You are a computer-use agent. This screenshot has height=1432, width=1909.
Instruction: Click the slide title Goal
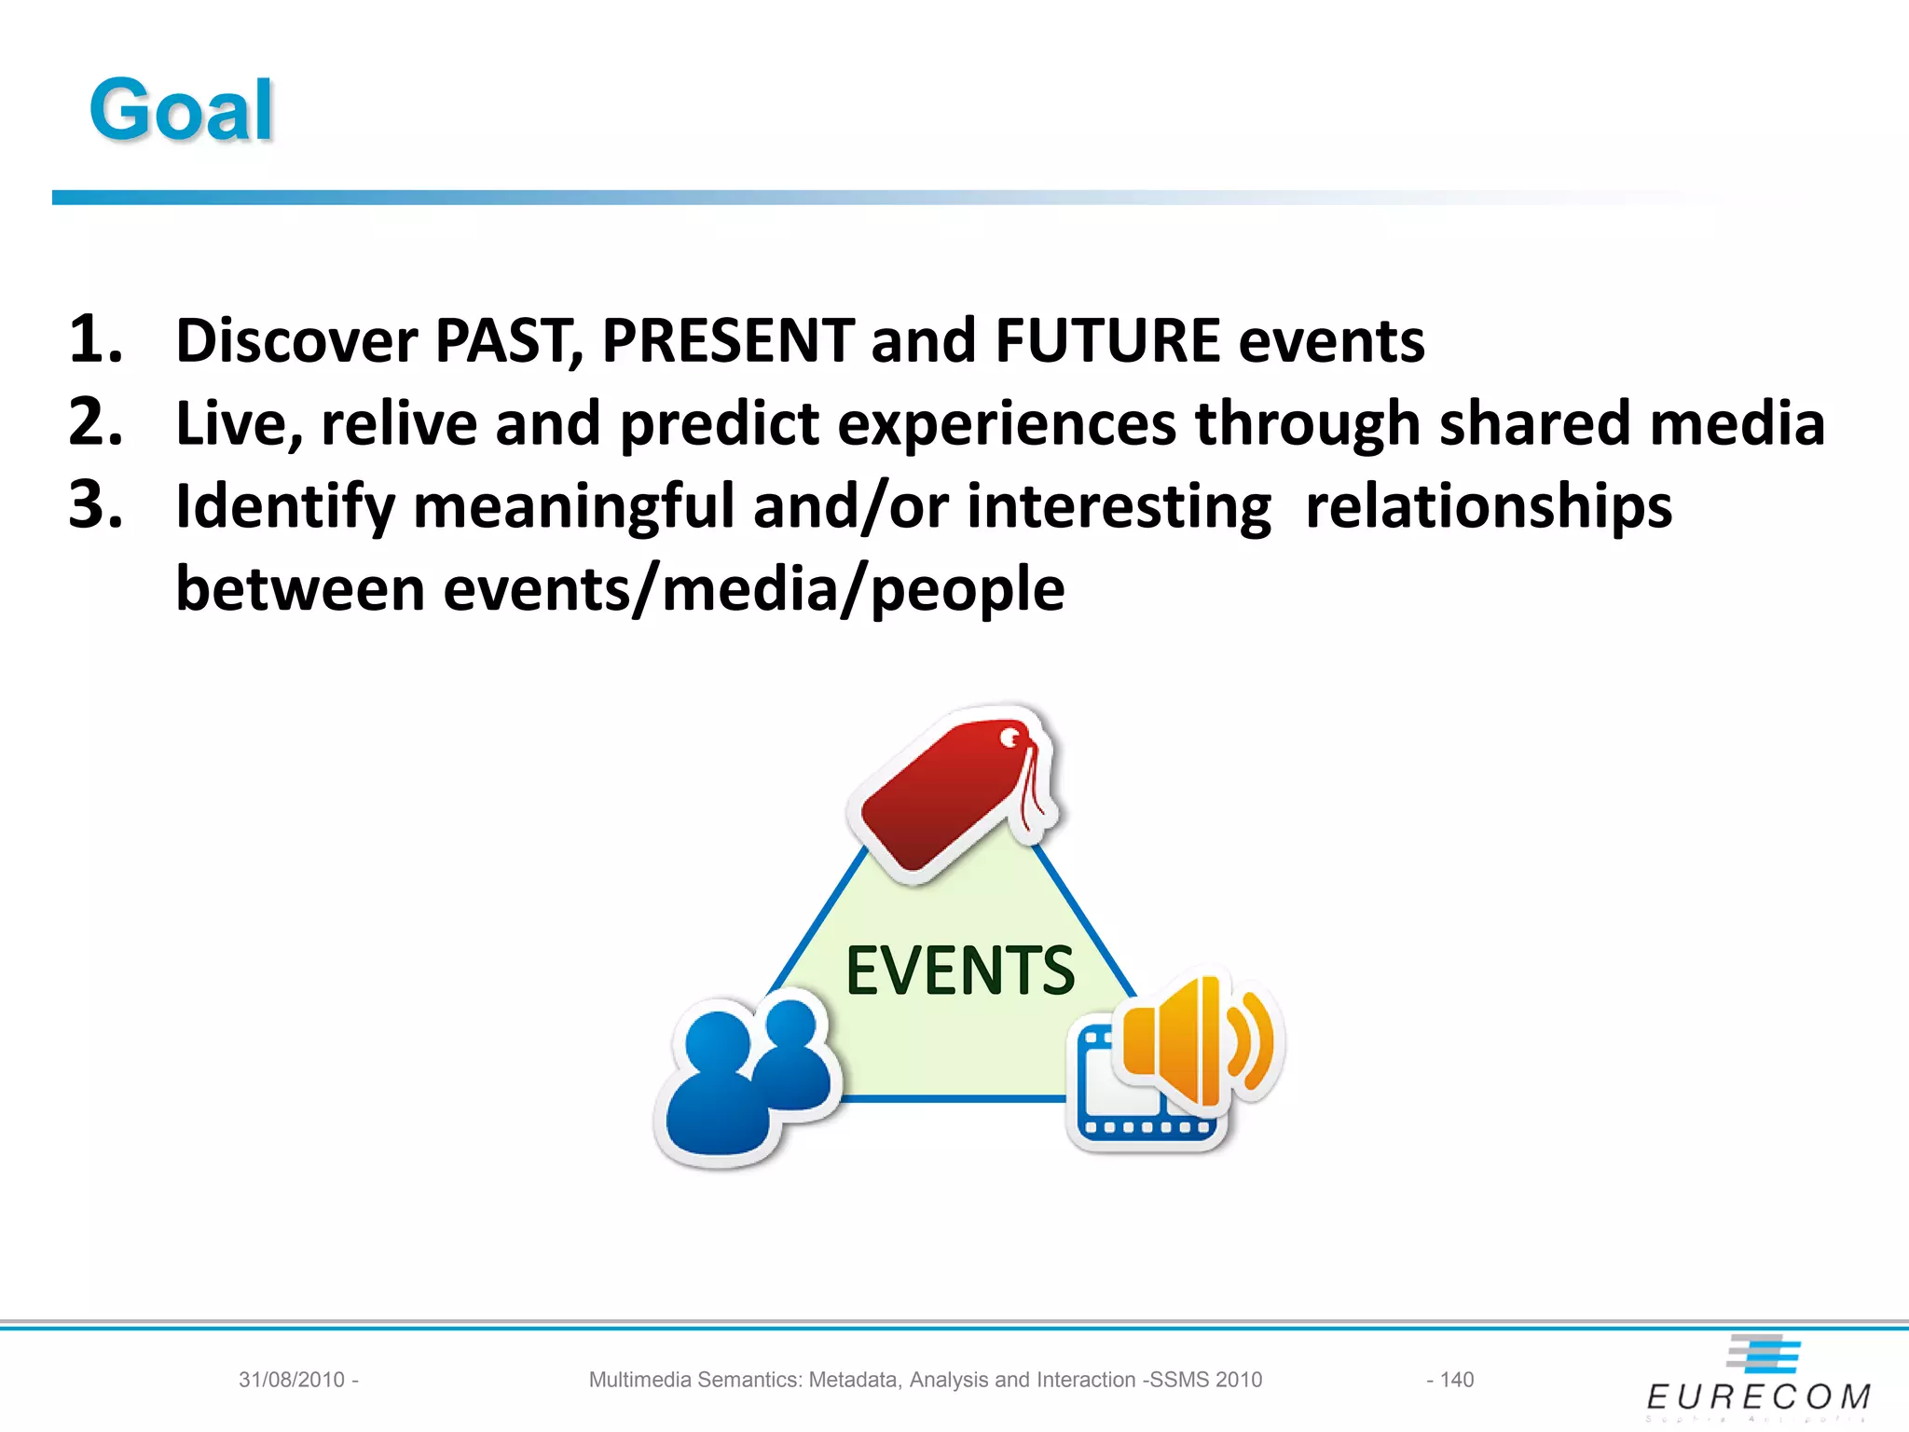click(181, 111)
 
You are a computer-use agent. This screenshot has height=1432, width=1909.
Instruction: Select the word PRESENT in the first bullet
click(728, 340)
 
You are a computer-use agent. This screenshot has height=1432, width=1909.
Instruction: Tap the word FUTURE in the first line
click(1107, 340)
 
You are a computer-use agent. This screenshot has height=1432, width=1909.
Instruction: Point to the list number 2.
click(95, 422)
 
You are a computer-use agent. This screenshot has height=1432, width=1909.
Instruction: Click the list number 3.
click(95, 505)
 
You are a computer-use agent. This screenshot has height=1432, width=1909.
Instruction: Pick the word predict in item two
click(719, 424)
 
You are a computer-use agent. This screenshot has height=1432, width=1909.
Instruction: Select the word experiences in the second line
click(1007, 424)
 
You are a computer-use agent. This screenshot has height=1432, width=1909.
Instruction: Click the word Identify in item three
click(285, 507)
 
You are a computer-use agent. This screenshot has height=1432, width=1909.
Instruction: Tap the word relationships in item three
click(1488, 506)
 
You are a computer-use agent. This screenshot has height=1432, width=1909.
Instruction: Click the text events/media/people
click(753, 589)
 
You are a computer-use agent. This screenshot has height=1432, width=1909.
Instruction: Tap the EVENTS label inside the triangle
click(959, 971)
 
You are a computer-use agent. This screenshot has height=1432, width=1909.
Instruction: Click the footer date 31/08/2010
click(292, 1380)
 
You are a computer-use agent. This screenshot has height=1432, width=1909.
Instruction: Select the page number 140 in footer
click(1456, 1380)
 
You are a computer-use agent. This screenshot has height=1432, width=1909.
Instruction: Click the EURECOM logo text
click(1758, 1397)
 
